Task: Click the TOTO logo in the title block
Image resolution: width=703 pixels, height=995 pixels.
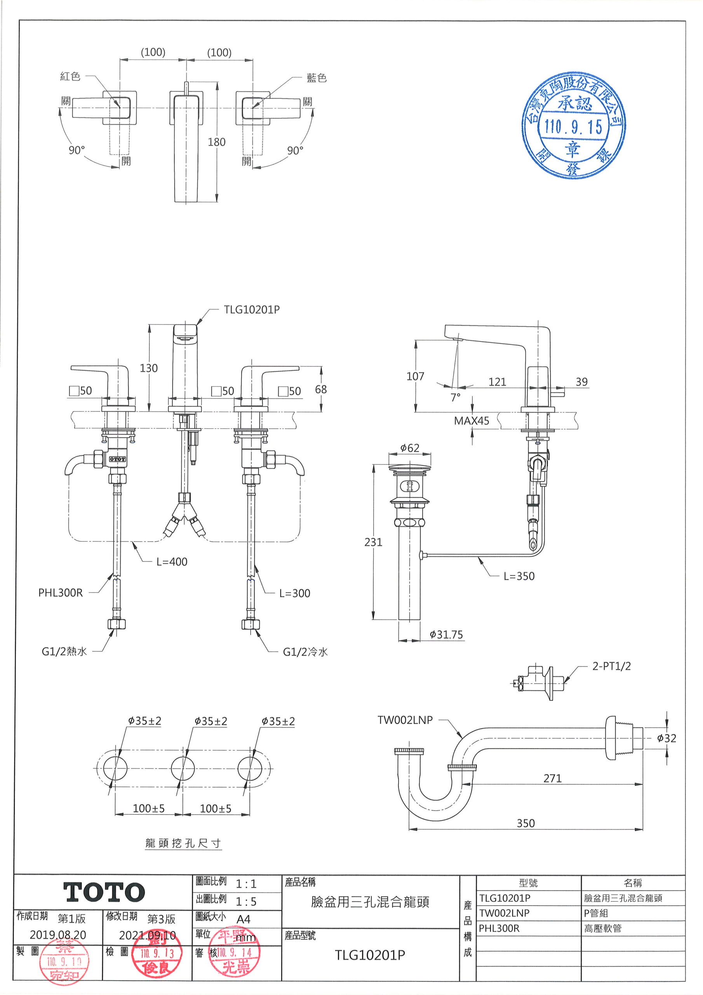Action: tap(104, 892)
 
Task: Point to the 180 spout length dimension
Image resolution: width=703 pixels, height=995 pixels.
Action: tap(217, 142)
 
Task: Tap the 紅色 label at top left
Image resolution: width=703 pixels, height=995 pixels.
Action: tap(70, 77)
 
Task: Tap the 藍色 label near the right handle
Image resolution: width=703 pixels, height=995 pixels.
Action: tap(316, 78)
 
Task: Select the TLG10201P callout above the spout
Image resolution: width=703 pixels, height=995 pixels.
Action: tap(252, 310)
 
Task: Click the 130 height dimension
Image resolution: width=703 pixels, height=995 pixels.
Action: tap(149, 368)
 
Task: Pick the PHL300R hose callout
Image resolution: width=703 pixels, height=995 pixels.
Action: tap(60, 593)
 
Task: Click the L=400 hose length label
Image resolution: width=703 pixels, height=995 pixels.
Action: tap(172, 562)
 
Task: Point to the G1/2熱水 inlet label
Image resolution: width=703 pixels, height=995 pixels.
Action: tap(64, 652)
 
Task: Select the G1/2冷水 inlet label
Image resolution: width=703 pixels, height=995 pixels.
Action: tap(305, 652)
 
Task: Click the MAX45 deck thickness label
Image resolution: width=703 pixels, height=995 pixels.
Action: tap(471, 421)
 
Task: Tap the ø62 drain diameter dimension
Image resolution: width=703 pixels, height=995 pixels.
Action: tap(410, 448)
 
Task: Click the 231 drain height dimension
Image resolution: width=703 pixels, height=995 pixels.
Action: tap(373, 542)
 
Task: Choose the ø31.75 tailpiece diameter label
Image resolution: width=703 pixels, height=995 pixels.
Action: tap(446, 635)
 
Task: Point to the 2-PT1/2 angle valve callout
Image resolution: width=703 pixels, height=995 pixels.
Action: tap(611, 667)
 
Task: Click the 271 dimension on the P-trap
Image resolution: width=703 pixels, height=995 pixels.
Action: tap(552, 779)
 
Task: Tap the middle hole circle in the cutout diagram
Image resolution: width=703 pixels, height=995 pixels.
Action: tap(183, 769)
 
